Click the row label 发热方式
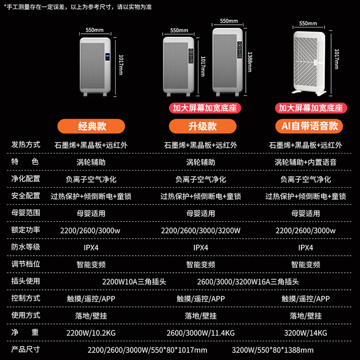tap(26, 144)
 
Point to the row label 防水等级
tap(26, 247)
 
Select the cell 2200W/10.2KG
tap(91, 333)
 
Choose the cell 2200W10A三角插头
tap(134, 282)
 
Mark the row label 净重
tap(26, 332)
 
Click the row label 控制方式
tap(26, 298)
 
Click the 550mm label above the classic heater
tap(95, 30)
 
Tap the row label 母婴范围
tap(26, 213)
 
